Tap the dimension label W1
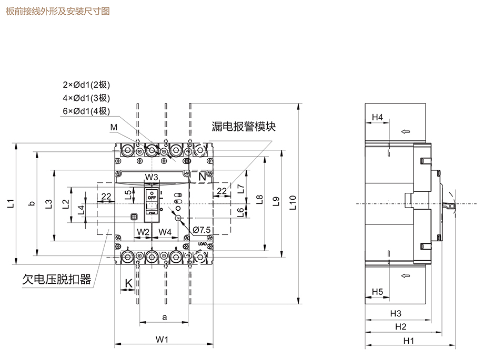[x=162, y=340]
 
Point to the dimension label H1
[x=409, y=341]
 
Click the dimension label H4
[x=377, y=117]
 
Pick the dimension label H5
[x=377, y=291]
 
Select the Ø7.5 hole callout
[x=202, y=230]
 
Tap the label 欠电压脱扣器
[x=57, y=279]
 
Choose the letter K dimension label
[x=128, y=284]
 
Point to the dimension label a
[x=164, y=317]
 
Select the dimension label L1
[x=12, y=203]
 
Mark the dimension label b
[x=32, y=203]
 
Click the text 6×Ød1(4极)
[x=86, y=110]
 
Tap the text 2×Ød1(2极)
[x=86, y=85]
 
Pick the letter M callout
[x=114, y=127]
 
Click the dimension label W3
[x=152, y=177]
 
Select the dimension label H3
[x=396, y=313]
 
